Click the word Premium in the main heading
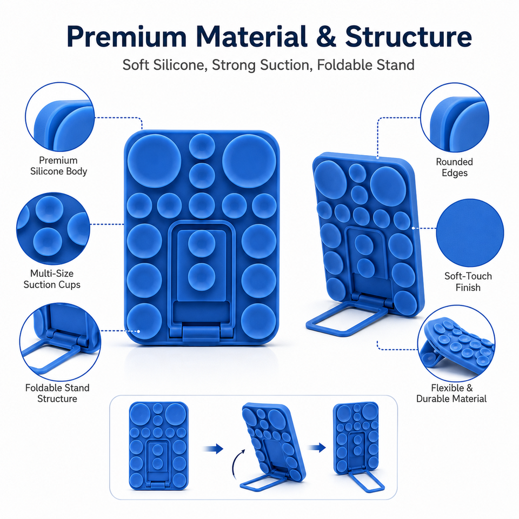point(127,37)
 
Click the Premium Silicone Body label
point(58,166)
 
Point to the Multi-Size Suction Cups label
point(52,279)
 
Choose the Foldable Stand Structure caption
point(57,393)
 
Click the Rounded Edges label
point(455,167)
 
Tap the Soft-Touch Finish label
point(468,282)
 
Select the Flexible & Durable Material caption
point(451,393)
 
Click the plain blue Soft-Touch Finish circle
point(470,232)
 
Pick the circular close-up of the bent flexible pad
point(456,344)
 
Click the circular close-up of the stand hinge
point(60,342)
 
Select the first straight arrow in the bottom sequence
point(213,449)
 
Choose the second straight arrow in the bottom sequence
point(317,448)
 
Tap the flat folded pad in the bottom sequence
point(158,445)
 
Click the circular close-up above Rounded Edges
point(455,117)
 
